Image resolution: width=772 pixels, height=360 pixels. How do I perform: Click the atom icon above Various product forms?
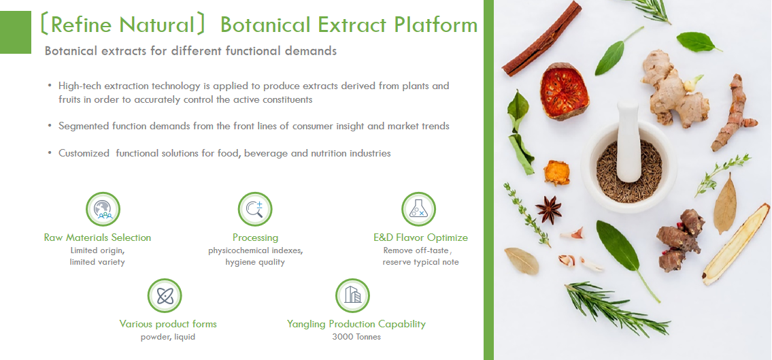click(165, 295)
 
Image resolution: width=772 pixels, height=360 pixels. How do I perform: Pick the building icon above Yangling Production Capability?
click(352, 295)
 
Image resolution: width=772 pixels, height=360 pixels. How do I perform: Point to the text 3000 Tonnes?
click(356, 337)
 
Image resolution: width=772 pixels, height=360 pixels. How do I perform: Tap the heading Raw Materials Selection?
click(97, 238)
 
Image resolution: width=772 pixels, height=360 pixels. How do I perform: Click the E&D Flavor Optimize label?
click(420, 238)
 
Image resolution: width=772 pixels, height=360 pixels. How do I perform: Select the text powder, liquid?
click(167, 337)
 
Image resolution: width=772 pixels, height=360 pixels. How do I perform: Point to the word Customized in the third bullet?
click(84, 153)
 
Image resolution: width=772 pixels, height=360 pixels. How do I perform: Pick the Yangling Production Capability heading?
click(356, 324)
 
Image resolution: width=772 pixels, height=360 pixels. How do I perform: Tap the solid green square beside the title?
click(16, 32)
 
